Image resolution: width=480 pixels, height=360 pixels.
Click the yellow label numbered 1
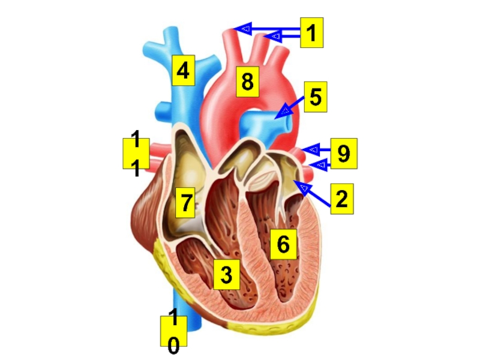311,33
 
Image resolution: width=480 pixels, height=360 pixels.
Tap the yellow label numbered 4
183,71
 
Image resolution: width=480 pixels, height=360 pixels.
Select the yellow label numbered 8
247,82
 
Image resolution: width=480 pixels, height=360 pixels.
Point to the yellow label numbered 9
344,154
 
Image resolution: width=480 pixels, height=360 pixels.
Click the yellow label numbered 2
341,199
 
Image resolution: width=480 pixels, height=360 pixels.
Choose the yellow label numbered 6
283,244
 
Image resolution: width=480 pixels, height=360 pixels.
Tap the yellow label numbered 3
226,275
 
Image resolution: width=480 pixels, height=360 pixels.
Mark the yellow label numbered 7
185,203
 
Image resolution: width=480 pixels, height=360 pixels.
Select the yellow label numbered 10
173,332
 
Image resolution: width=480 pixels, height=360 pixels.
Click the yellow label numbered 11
136,154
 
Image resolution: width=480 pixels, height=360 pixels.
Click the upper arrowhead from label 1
242,28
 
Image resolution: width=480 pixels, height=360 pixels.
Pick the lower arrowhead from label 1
274,37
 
